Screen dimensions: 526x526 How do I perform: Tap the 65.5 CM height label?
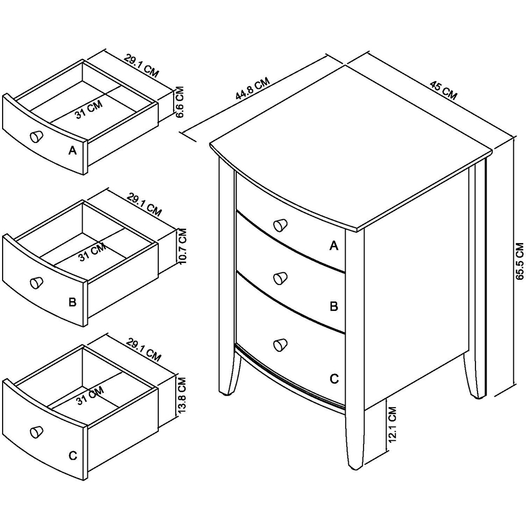(x=519, y=260)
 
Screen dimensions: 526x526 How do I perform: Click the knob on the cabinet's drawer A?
(x=281, y=225)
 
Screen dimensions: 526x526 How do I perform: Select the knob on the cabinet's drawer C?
(x=280, y=344)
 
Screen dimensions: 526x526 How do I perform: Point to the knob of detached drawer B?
(x=36, y=283)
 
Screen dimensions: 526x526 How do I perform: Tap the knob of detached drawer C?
(x=36, y=431)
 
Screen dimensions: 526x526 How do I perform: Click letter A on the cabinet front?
(x=333, y=245)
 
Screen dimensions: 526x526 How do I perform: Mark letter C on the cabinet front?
(x=333, y=379)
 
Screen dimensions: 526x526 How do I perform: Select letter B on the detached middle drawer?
(x=73, y=302)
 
